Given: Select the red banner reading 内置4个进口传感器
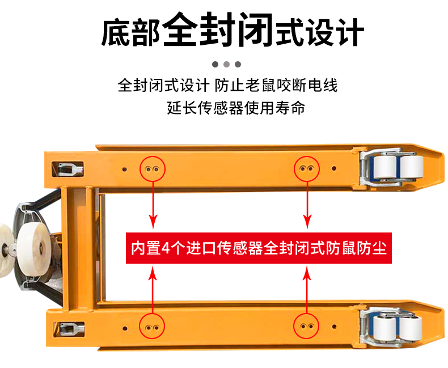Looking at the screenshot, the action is tap(259, 248).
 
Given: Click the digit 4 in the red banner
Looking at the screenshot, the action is tap(166, 248).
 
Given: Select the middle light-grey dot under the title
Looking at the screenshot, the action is tap(227, 64).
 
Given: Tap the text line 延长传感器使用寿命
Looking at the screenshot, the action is tap(236, 108).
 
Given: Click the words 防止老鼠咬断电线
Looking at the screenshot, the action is tap(276, 85).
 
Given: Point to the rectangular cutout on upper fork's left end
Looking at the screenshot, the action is tap(67, 169).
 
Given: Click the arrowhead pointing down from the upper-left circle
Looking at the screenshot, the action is tap(153, 221).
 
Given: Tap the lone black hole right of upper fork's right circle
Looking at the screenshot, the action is tap(333, 168).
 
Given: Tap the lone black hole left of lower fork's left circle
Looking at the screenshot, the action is tap(125, 328).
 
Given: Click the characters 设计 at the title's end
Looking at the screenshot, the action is tap(335, 32).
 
